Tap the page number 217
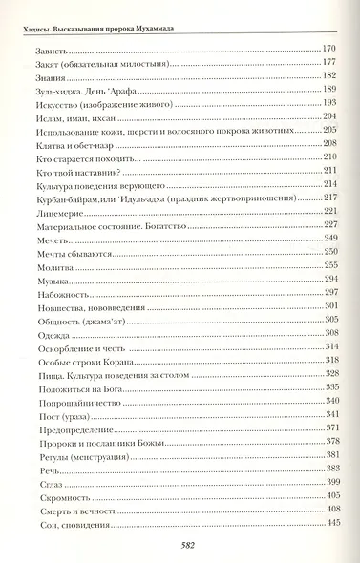331,198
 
